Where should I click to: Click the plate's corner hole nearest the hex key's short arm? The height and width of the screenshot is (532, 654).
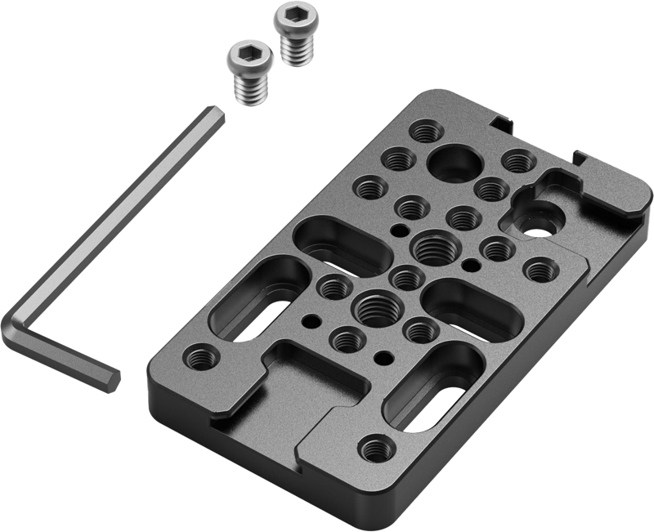pos(200,355)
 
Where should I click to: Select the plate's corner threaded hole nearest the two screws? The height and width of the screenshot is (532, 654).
pos(424,130)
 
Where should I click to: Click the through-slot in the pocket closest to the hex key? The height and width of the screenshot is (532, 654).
pos(256,314)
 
